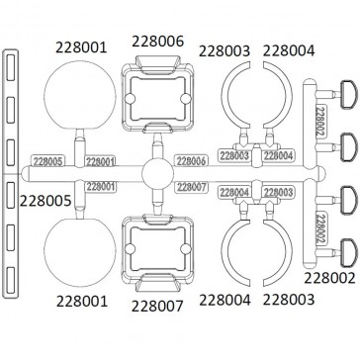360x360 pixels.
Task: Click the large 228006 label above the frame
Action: [157, 42]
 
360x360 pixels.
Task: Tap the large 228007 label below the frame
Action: [157, 307]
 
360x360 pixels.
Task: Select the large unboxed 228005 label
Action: [45, 201]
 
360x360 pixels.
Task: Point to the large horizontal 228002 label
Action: [329, 278]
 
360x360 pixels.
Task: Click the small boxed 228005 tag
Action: [47, 160]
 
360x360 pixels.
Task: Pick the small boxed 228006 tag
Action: [192, 161]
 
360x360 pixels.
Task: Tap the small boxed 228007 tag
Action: [192, 187]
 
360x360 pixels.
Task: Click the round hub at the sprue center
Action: [157, 174]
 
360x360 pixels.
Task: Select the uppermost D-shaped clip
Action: [348, 94]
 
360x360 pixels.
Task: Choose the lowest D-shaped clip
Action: [348, 252]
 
